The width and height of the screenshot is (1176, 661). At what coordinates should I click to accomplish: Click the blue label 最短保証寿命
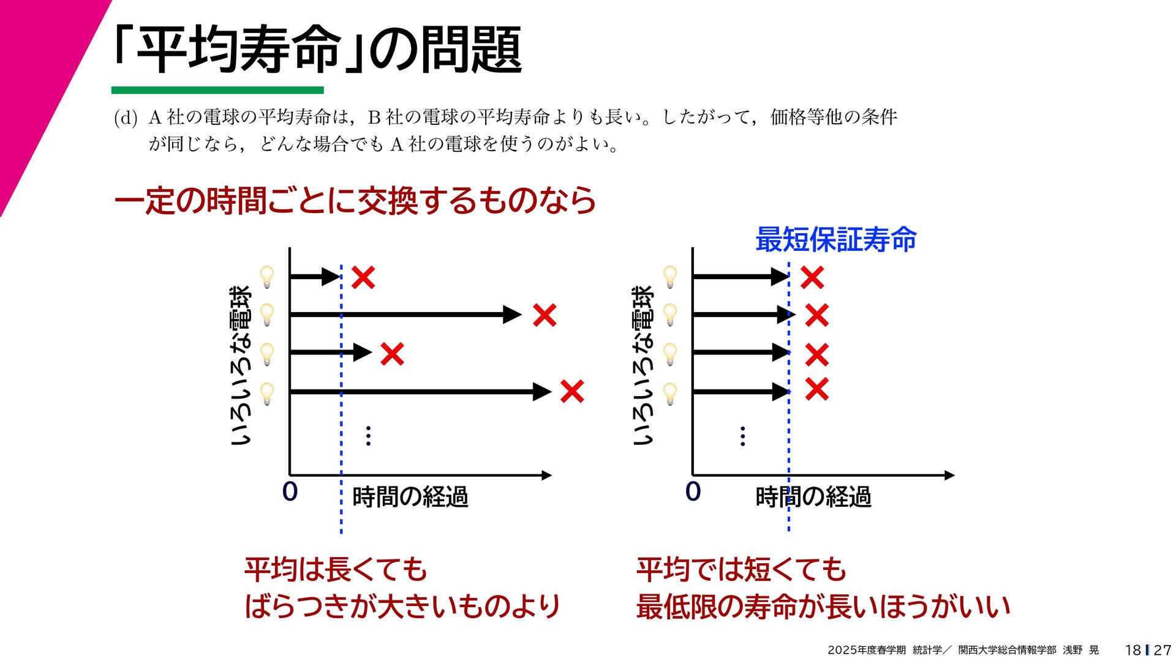pos(835,239)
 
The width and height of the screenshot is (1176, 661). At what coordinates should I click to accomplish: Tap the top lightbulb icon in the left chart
pos(267,277)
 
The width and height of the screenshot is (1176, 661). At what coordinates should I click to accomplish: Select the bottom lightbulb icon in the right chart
pos(670,393)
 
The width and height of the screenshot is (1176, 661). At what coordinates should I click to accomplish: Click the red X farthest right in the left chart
pos(572,392)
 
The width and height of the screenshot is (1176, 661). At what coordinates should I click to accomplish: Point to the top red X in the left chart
pos(363,278)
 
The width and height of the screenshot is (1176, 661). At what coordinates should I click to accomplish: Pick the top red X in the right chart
pos(812,278)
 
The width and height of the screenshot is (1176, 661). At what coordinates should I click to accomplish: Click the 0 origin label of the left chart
pos(290,491)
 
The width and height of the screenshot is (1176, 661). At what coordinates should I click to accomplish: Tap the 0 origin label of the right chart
pos(693,491)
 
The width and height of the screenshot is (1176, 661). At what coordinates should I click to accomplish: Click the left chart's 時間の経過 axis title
pos(410,496)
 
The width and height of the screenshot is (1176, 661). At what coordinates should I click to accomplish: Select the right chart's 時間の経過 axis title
pos(813,496)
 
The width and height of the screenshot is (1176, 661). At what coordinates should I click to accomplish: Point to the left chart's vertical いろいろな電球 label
pos(241,365)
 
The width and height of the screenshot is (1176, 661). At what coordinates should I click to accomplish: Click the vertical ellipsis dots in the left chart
pos(368,436)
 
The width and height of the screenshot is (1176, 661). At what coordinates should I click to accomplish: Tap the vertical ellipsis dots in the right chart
pos(742,436)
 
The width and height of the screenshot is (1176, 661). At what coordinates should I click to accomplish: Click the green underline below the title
pos(217,90)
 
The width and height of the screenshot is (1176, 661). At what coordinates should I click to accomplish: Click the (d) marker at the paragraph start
pos(126,118)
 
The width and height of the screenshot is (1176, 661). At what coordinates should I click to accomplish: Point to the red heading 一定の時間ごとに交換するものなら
pos(355,200)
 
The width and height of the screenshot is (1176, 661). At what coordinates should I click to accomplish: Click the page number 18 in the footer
pos(1133,650)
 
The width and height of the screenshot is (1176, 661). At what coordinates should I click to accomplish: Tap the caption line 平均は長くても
pos(335,569)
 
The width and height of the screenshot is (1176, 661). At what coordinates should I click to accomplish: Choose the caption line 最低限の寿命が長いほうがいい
pos(823,607)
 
